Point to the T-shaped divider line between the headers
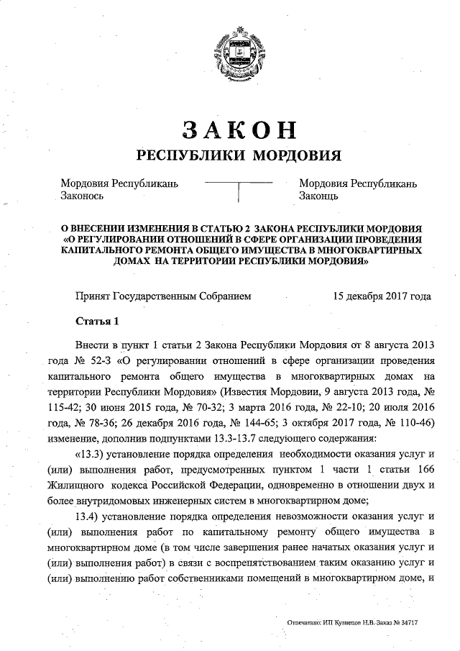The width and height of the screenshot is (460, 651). pos(238,189)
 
